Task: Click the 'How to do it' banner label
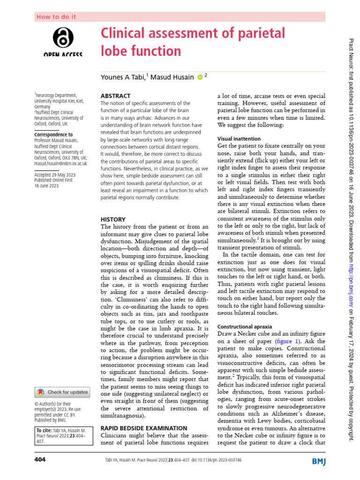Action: (56, 17)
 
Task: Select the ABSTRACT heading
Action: (116, 95)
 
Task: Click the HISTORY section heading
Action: (113, 219)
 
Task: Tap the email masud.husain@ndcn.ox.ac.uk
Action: (60, 163)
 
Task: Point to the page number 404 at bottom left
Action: (40, 460)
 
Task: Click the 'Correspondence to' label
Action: (53, 135)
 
